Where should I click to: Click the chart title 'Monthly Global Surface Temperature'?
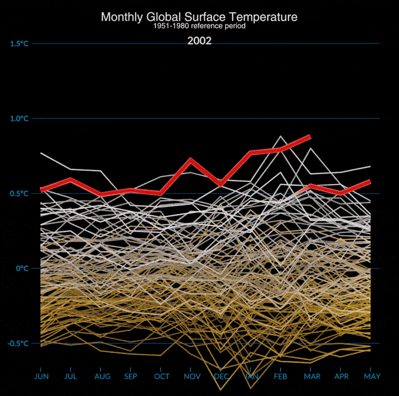(x=199, y=17)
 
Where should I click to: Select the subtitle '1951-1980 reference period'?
(x=199, y=26)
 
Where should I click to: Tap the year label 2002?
(x=199, y=41)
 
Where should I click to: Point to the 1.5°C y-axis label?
(x=19, y=43)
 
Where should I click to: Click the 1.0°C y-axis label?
(x=19, y=118)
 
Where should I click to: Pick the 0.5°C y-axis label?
(x=19, y=194)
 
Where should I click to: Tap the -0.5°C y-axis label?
(x=18, y=343)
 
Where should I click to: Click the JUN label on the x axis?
(x=41, y=376)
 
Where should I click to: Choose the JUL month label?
(x=71, y=376)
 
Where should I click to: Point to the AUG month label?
(x=102, y=376)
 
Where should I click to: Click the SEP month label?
(x=130, y=376)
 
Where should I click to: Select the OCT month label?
(x=162, y=376)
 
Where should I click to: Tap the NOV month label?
(x=192, y=376)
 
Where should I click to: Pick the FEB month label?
(x=281, y=376)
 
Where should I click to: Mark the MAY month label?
(x=370, y=376)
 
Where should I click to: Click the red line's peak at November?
(x=190, y=160)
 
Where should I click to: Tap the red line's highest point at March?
(x=310, y=136)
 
